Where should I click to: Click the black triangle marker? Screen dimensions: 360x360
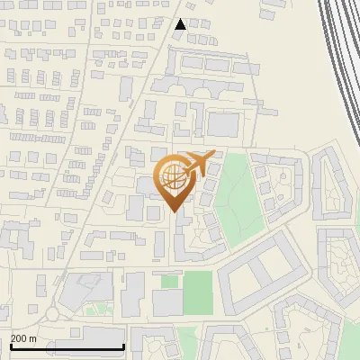(181, 24)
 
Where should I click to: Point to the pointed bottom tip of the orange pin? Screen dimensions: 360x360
(175, 211)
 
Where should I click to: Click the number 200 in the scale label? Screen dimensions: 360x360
(19, 338)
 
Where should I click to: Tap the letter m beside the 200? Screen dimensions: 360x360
(33, 338)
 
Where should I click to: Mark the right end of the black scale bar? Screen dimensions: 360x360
(123, 347)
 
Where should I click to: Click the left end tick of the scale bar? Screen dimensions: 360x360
(11, 346)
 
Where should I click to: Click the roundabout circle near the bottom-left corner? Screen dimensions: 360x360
(51, 315)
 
